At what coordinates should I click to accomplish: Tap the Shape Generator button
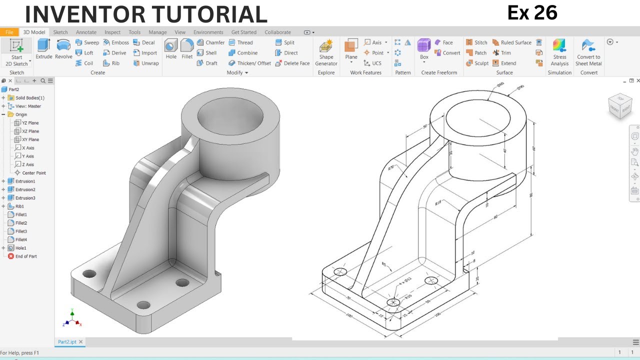coord(326,52)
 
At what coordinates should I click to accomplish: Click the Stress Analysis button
coord(559,52)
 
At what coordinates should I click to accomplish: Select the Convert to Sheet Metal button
coord(588,52)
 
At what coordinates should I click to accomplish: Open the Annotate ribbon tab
coord(86,32)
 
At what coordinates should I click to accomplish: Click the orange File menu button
coord(9,32)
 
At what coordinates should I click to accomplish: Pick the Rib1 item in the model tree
coord(19,206)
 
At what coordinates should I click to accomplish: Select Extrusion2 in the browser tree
coord(25,189)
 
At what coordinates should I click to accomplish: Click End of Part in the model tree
coord(25,256)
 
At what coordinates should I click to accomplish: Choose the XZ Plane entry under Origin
coord(30,131)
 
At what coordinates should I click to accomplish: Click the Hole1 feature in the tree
coord(20,248)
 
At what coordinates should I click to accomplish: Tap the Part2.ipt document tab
coord(67,342)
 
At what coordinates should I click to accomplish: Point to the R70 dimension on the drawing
coord(391,168)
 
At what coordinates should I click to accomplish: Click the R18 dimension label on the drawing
coord(438,203)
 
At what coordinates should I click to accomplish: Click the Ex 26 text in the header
coord(532,13)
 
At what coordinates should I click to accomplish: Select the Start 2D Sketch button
coord(16,52)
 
